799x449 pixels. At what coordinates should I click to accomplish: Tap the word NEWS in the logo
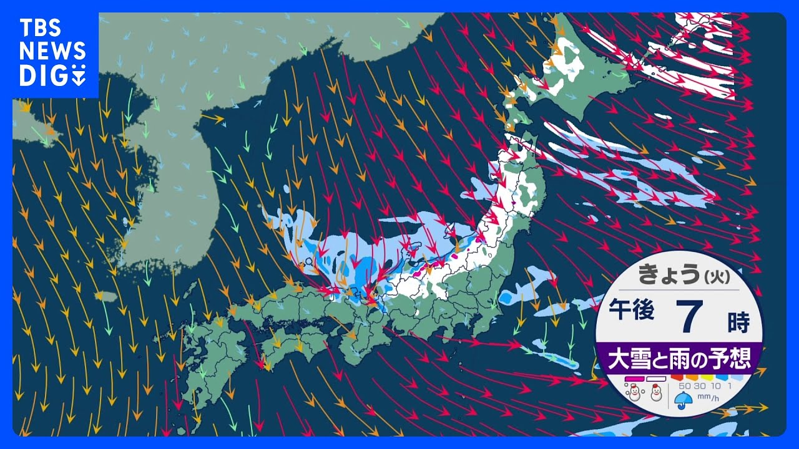point(52,52)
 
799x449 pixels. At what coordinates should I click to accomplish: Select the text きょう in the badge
point(664,275)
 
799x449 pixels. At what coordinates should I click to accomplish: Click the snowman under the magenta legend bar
point(635,393)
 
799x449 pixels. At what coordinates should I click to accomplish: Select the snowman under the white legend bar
point(656,393)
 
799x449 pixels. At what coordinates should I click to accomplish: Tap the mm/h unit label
point(706,397)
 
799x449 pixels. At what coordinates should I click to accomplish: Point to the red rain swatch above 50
point(677,377)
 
